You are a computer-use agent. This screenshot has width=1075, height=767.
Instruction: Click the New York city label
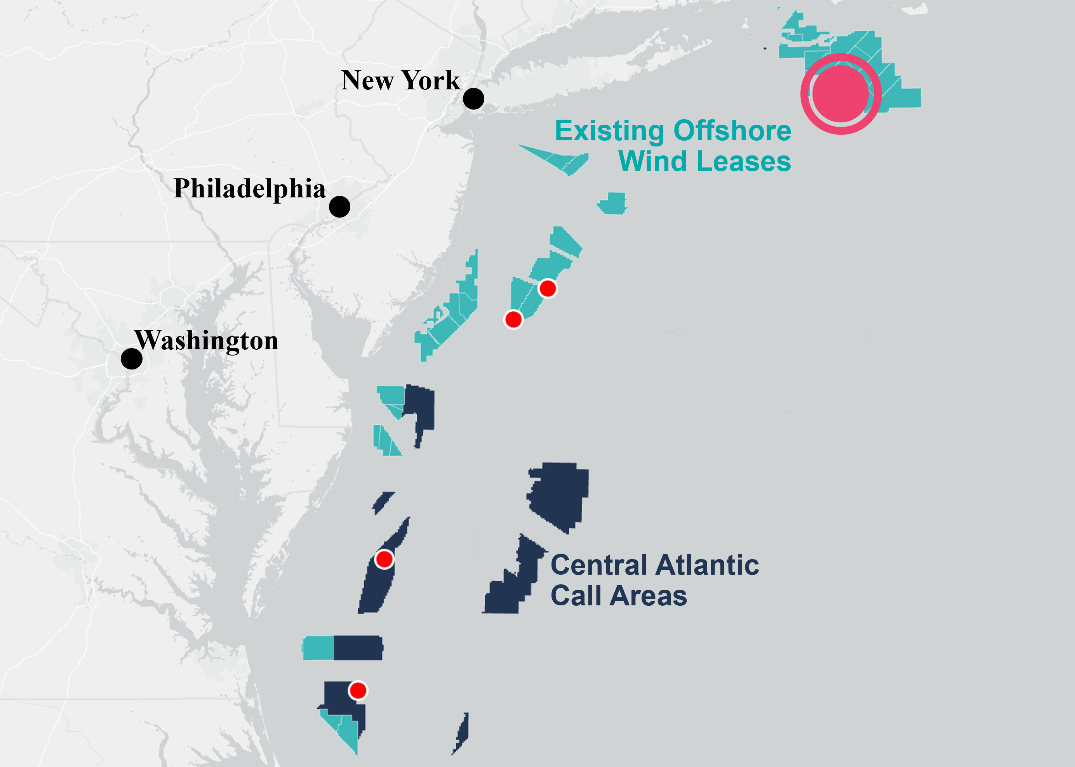point(400,80)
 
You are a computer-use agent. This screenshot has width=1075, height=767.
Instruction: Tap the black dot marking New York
point(473,99)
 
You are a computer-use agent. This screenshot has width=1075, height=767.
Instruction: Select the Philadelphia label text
point(250,188)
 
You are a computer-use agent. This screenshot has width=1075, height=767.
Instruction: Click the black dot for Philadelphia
point(339,207)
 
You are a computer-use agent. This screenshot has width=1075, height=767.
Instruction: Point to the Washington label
point(207,340)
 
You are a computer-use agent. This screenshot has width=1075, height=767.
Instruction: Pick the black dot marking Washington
point(132,359)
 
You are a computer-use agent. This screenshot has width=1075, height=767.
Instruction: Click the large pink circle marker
point(841,94)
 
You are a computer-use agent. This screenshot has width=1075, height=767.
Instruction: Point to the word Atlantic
point(707,565)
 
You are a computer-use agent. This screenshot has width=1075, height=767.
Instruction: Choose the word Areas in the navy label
point(648,596)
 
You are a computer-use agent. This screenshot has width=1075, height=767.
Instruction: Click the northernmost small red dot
point(548,288)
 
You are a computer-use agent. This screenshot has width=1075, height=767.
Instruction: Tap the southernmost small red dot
point(358,690)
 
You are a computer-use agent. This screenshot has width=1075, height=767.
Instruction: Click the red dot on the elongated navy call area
point(384,559)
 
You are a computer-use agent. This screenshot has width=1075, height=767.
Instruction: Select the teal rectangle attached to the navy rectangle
point(318,647)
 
